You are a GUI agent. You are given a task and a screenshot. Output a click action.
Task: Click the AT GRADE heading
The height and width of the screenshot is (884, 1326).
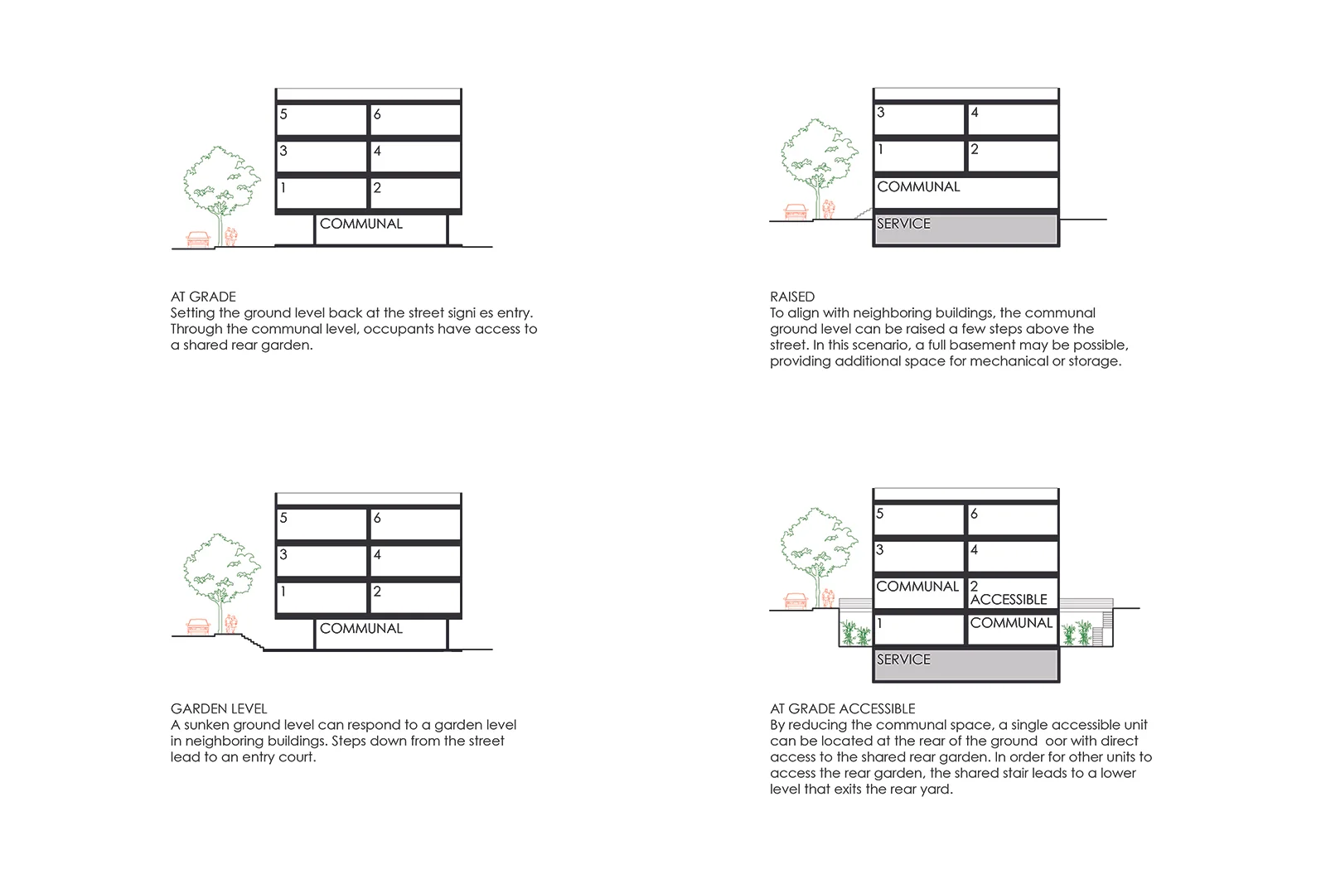pos(203,297)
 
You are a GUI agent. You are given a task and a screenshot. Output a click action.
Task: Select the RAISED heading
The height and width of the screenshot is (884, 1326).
pos(791,297)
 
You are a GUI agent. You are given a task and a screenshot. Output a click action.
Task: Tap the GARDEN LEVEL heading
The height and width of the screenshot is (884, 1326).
pos(219,708)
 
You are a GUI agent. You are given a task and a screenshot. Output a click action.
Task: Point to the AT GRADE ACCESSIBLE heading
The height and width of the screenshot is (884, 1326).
pos(842,708)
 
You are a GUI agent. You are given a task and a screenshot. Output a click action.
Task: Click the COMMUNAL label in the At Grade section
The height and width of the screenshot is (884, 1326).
pos(361,224)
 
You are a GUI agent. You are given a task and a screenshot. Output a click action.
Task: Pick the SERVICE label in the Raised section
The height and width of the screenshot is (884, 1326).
pos(903,224)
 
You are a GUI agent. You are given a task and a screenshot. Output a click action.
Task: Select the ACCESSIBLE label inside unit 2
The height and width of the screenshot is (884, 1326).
pos(1009,600)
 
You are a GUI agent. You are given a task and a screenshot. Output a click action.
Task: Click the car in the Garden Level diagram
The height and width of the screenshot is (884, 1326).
pos(197,626)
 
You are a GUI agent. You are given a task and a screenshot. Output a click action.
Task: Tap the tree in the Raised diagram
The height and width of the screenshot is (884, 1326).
pos(818,162)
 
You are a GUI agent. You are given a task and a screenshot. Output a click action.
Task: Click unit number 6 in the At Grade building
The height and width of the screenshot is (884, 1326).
pos(377,114)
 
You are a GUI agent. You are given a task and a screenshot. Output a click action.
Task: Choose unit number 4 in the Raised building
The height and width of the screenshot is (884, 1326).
pos(975,113)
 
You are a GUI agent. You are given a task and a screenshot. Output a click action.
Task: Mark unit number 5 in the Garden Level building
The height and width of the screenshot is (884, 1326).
pos(283,518)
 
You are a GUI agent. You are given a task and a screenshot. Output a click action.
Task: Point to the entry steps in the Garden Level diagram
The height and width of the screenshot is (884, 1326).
pos(251,640)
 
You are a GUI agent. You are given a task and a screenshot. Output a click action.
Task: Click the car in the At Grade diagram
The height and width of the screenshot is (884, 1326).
pos(198,239)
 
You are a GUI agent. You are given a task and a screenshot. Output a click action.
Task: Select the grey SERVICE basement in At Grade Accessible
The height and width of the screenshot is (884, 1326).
pos(965,664)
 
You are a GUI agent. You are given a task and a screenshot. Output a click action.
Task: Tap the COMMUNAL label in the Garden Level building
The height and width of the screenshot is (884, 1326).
pos(361,629)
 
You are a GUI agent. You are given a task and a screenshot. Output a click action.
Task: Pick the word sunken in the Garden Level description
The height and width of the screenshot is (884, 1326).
pos(206,725)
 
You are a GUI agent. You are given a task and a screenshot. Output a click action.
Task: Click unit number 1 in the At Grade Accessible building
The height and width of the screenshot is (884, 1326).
pos(879,623)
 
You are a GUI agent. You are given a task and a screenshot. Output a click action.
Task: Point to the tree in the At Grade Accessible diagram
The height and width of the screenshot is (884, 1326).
pos(818,551)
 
